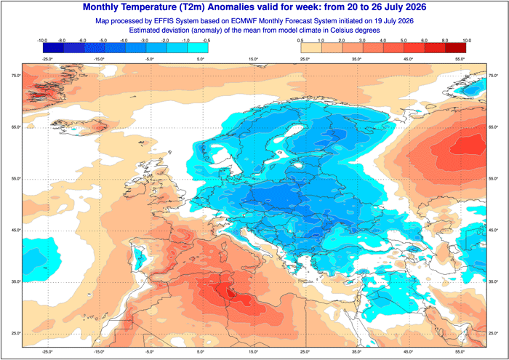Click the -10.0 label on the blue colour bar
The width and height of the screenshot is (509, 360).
tap(42, 41)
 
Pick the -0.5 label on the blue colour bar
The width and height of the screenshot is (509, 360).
tap(207, 41)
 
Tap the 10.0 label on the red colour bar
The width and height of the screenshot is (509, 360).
tap(467, 41)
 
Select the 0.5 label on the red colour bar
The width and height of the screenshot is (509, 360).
tap(300, 41)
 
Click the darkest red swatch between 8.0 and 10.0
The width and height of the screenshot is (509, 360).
tap(455, 48)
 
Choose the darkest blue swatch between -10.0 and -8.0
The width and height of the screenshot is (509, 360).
tap(53, 48)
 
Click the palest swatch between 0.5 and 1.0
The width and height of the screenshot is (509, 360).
tap(311, 48)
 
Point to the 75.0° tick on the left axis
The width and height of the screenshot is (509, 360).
tap(16, 76)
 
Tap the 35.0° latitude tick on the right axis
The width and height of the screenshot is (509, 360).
tap(493, 281)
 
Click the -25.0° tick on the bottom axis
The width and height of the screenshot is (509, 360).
tap(47, 351)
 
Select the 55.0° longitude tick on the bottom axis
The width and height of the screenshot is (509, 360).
tap(460, 351)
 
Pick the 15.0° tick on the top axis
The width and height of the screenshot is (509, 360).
tap(254, 59)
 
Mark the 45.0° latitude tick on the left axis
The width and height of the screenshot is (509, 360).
tap(16, 230)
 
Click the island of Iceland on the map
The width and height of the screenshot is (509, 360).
tap(81, 127)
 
